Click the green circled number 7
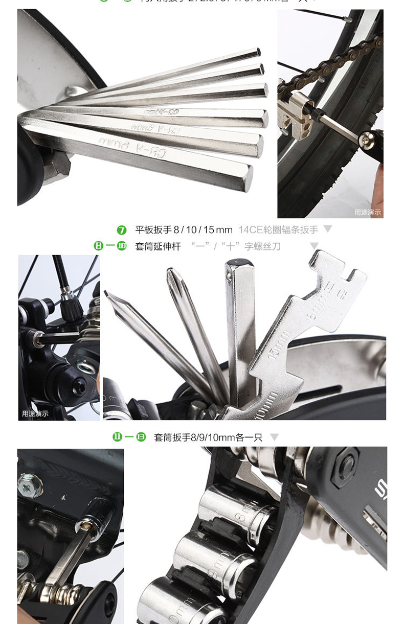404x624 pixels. [x=122, y=230]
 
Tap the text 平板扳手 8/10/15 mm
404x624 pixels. [x=183, y=230]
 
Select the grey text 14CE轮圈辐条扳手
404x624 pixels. [x=278, y=230]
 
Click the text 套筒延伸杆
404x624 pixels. [x=158, y=246]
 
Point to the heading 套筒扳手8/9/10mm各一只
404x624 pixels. [x=208, y=437]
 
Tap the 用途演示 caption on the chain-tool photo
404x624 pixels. [x=368, y=212]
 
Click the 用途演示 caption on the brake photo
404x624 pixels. [x=35, y=413]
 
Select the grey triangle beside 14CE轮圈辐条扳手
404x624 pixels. [x=328, y=229]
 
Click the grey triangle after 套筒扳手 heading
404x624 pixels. [x=275, y=437]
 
